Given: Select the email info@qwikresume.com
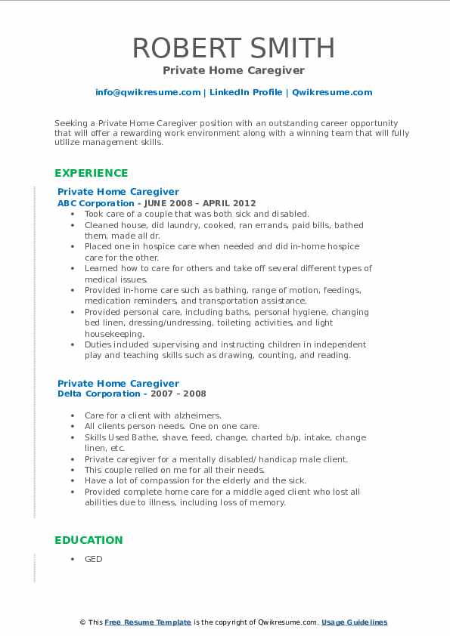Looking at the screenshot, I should click(147, 92).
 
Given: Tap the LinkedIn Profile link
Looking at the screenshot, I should click(244, 92).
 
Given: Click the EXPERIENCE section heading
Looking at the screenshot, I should click(91, 173).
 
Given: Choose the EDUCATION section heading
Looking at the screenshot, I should click(88, 540).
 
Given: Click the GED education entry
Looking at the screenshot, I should click(93, 559).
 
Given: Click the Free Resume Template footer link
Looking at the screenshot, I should click(148, 622).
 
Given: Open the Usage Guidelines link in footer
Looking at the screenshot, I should click(354, 622).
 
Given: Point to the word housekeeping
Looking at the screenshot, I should click(113, 333).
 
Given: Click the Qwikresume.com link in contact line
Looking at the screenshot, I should click(332, 92).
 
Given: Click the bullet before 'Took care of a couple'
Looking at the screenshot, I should click(72, 215).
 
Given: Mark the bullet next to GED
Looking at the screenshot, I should click(72, 559).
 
